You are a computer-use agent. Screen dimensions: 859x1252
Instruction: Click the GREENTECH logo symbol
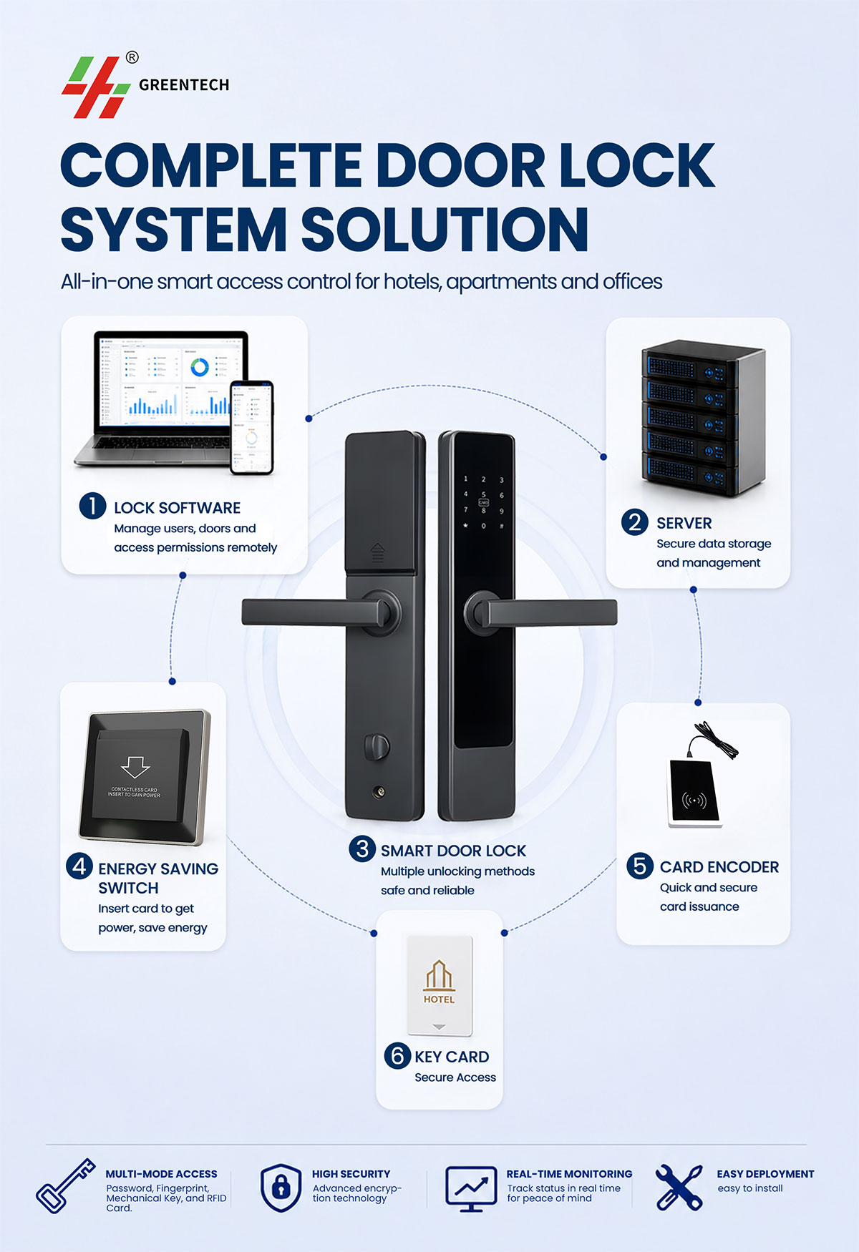pos(96,87)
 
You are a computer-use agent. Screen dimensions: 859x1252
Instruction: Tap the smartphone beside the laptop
pos(251,427)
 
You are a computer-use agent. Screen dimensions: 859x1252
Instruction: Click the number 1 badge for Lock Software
pos(92,506)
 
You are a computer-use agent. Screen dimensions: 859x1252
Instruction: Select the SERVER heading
pos(684,523)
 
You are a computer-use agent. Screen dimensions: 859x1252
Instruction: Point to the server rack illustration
pos(704,419)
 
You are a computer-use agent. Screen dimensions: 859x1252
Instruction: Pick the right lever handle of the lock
pos(540,612)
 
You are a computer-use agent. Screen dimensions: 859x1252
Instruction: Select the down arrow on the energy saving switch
pos(135,767)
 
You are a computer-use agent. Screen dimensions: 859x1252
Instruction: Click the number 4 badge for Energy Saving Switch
pos(79,866)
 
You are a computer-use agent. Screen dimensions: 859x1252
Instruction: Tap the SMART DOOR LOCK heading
pos(453,851)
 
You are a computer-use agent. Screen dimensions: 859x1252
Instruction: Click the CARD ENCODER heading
pos(719,867)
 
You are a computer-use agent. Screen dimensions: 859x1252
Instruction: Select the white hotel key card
pos(440,986)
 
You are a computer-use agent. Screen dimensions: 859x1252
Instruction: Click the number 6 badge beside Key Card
pos(397,1055)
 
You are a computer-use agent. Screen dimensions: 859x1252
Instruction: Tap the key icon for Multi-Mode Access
pos(66,1186)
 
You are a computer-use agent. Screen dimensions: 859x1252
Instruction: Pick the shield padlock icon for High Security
pos(281,1188)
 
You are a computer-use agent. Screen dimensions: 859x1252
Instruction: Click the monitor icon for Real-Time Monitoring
pos(471,1189)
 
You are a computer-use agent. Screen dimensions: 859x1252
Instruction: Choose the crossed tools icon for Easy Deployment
pos(679,1187)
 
